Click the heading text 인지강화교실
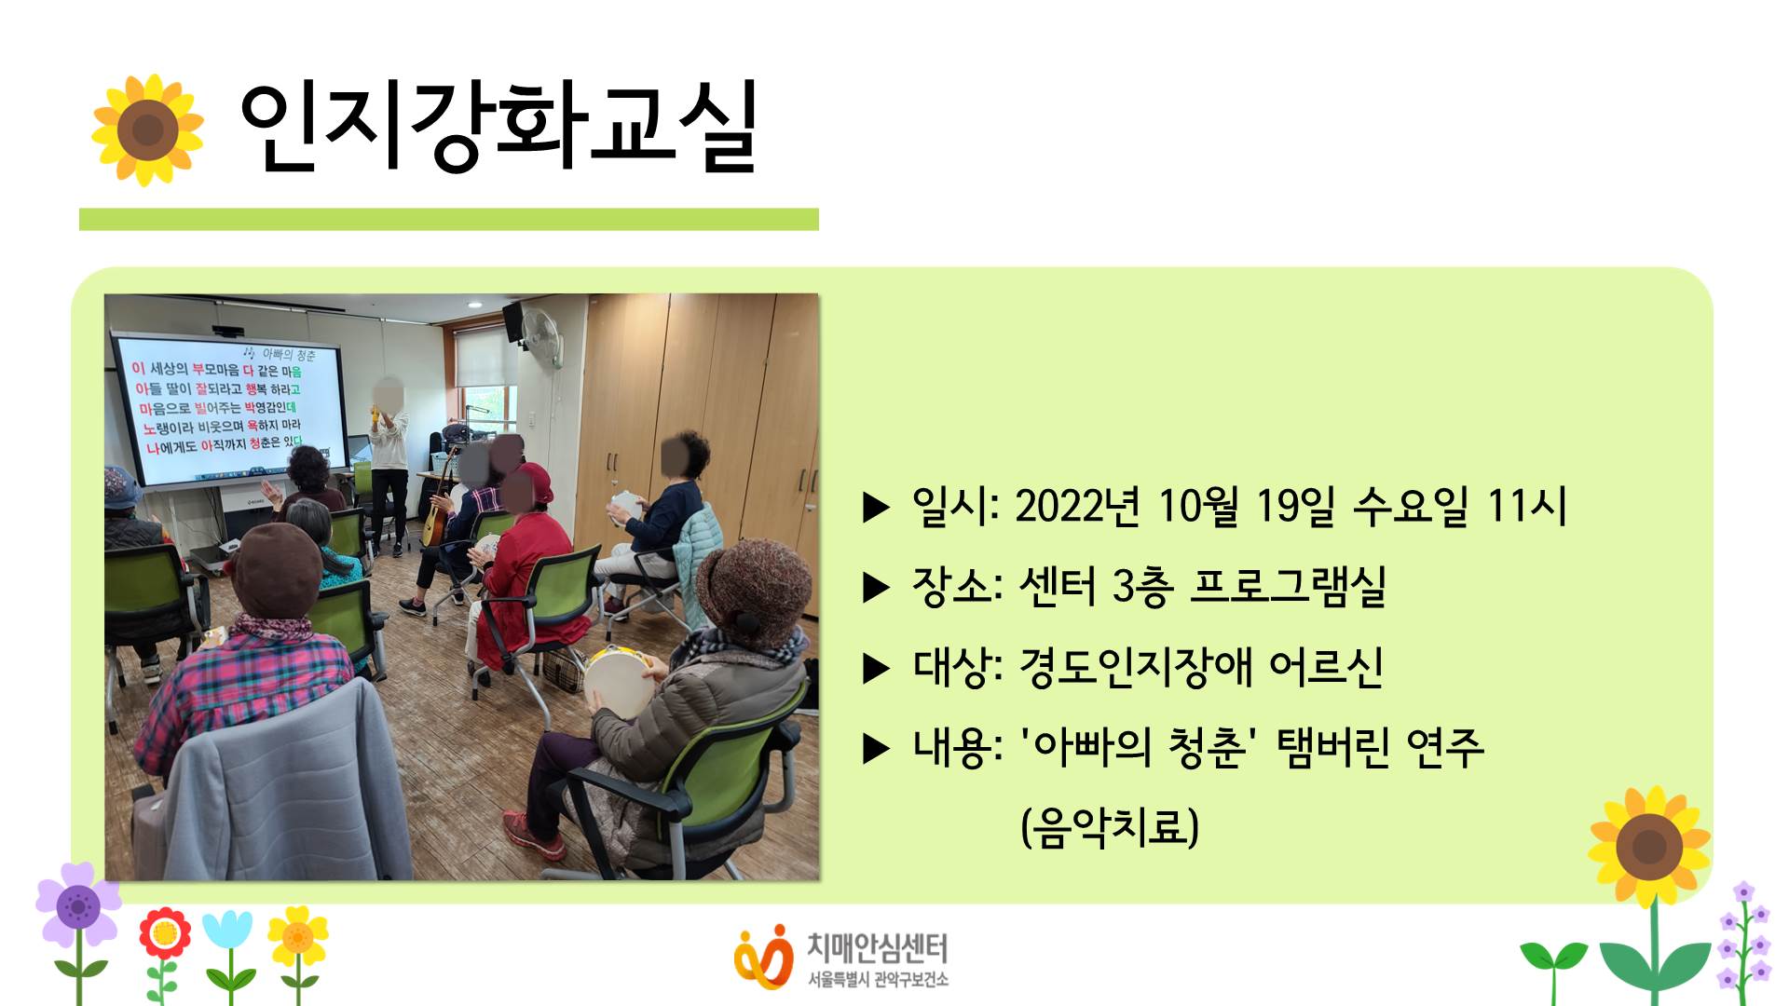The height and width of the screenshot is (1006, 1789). pos(498,129)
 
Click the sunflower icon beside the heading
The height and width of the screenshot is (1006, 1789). pos(147,129)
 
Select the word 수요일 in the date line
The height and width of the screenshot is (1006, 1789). pos(1411,507)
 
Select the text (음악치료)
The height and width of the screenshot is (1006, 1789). pos(1110,827)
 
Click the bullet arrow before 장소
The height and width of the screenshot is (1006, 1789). pos(876,588)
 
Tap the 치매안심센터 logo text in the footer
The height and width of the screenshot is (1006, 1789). pos(877,948)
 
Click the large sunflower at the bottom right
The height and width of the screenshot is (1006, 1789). pos(1649,846)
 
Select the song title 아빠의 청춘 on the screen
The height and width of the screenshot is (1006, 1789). pos(288,354)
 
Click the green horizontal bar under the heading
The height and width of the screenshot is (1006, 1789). pos(448,219)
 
